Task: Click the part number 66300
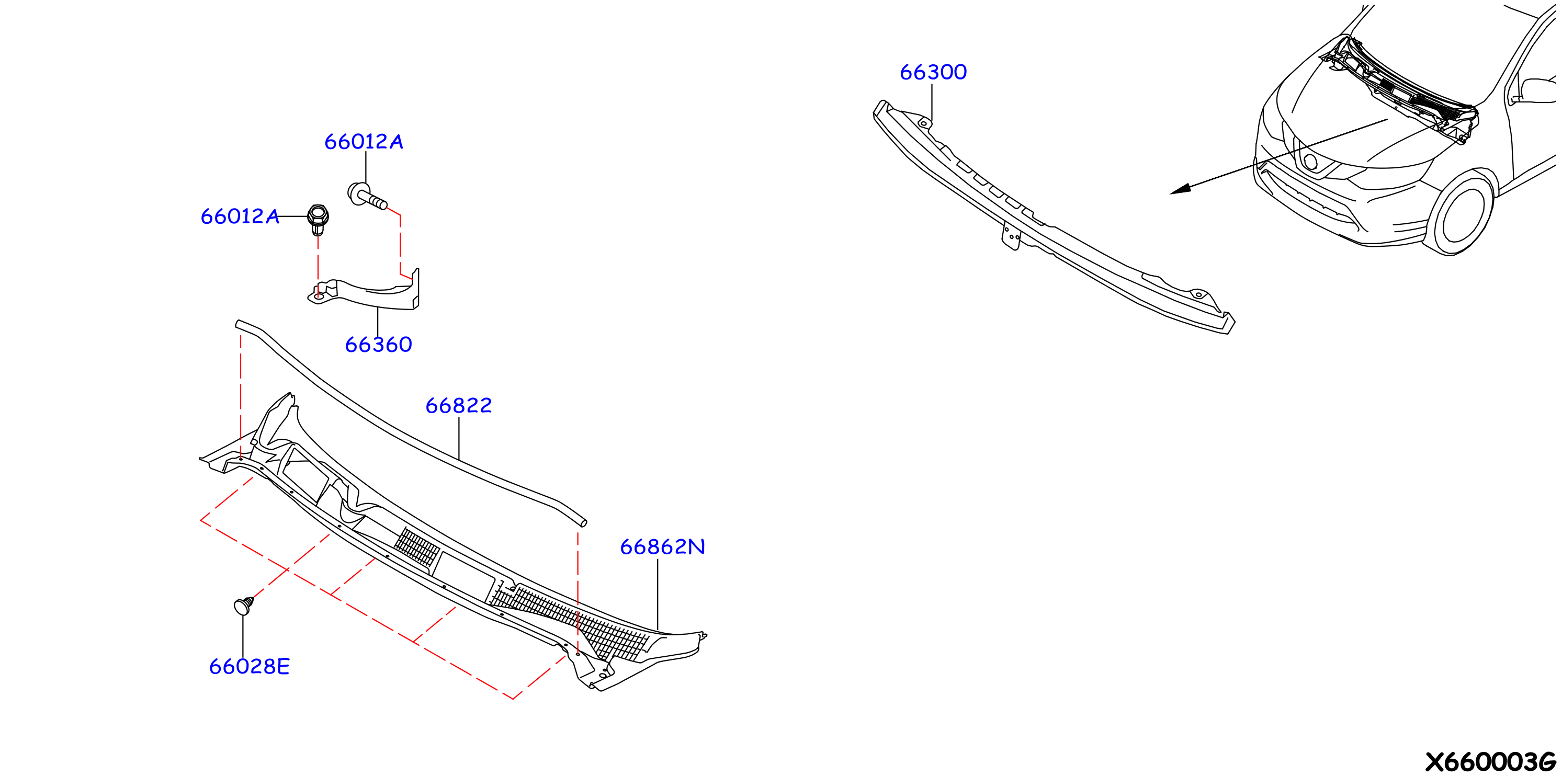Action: pos(933,72)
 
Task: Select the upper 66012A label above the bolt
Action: pos(364,142)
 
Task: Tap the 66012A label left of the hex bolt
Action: pos(240,216)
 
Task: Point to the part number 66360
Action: pos(378,345)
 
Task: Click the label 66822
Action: pos(458,406)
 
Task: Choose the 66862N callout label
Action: pos(662,547)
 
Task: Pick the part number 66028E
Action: pos(249,667)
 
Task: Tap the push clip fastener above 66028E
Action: pos(244,606)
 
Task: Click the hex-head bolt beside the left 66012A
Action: pos(318,220)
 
